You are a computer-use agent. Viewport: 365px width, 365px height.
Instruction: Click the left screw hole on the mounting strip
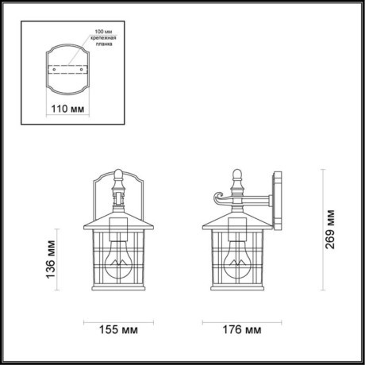click(54, 68)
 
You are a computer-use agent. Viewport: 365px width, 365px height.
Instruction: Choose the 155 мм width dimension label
click(120, 328)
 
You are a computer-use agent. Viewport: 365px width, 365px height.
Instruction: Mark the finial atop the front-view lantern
click(119, 175)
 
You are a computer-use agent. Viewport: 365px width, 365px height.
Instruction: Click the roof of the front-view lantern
click(119, 217)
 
